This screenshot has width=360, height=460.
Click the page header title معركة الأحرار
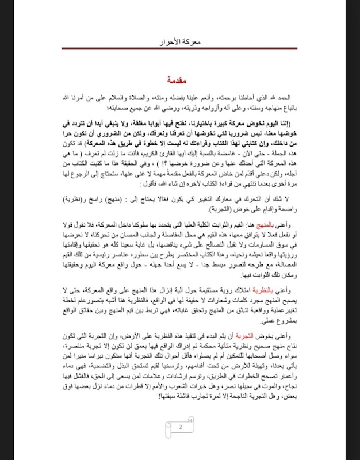(x=180, y=43)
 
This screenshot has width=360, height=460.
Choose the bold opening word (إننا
(x=288, y=122)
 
